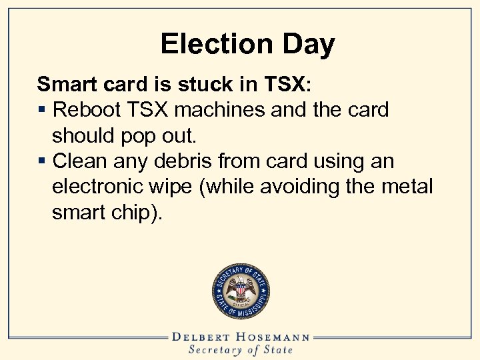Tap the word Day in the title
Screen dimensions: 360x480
(x=306, y=45)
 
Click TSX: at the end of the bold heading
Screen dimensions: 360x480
(x=284, y=84)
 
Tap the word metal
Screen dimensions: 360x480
(x=409, y=187)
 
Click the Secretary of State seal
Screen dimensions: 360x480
(x=240, y=291)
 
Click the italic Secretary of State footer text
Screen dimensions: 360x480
(x=240, y=350)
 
